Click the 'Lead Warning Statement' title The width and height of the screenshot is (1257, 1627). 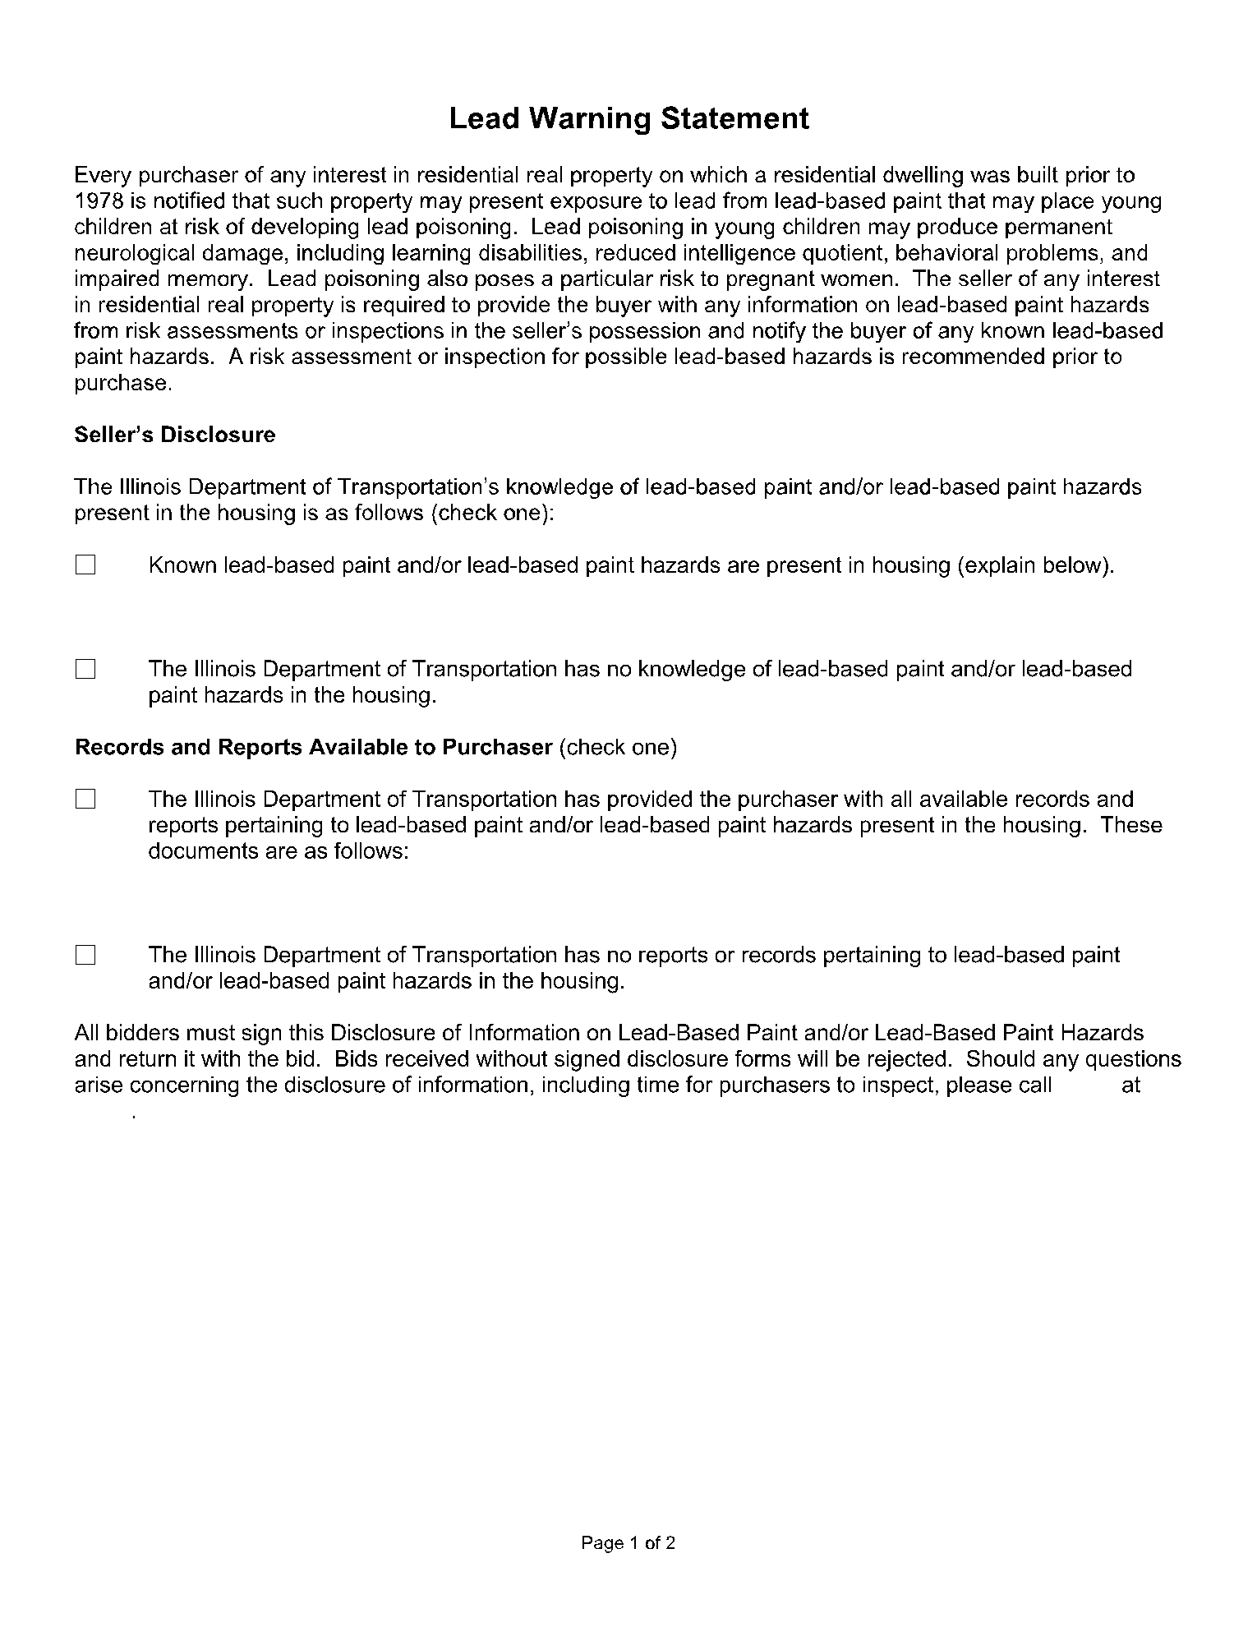(628, 119)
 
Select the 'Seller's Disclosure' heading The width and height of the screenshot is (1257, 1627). (175, 435)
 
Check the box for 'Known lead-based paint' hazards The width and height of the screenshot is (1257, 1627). (85, 565)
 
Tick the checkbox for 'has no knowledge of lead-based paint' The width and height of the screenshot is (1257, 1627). (85, 670)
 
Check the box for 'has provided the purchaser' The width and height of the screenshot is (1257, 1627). (85, 800)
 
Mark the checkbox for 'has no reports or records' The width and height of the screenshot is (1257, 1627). (85, 955)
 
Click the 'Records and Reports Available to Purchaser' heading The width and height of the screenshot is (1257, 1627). (313, 748)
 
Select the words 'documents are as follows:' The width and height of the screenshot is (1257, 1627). (279, 851)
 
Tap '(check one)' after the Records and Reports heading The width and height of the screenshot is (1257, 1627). (618, 748)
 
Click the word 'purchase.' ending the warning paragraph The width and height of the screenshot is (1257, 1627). (123, 384)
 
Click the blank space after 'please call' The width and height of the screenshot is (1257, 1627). (1086, 1085)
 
